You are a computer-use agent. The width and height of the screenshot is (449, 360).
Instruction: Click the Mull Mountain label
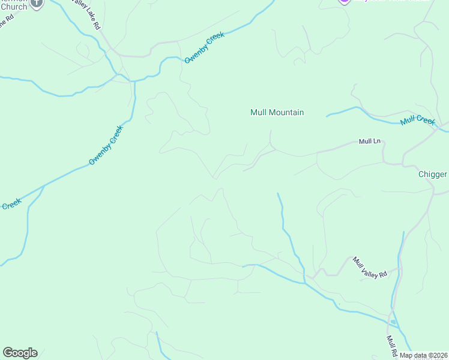point(277,112)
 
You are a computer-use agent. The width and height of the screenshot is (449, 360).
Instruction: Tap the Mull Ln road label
point(370,142)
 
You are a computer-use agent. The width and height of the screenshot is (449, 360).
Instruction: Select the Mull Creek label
point(417,121)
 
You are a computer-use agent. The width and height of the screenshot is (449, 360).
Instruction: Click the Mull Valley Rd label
point(370,266)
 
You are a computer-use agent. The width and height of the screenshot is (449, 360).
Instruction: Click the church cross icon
point(37,3)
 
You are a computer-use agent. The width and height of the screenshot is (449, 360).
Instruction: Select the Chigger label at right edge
point(433,175)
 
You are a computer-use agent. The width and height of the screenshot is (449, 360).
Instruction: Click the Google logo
point(20,353)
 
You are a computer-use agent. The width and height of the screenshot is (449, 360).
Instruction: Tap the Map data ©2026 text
point(423,355)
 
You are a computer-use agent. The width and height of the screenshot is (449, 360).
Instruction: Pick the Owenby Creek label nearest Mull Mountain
point(204,47)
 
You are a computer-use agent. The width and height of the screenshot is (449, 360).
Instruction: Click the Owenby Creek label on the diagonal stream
point(106,145)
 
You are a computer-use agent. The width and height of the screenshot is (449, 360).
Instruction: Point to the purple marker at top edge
point(344,2)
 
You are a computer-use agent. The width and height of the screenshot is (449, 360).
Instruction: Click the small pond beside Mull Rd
point(393,322)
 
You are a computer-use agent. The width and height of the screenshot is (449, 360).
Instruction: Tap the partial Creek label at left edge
point(11,204)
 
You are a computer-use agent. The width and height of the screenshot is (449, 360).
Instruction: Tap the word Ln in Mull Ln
point(378,142)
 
